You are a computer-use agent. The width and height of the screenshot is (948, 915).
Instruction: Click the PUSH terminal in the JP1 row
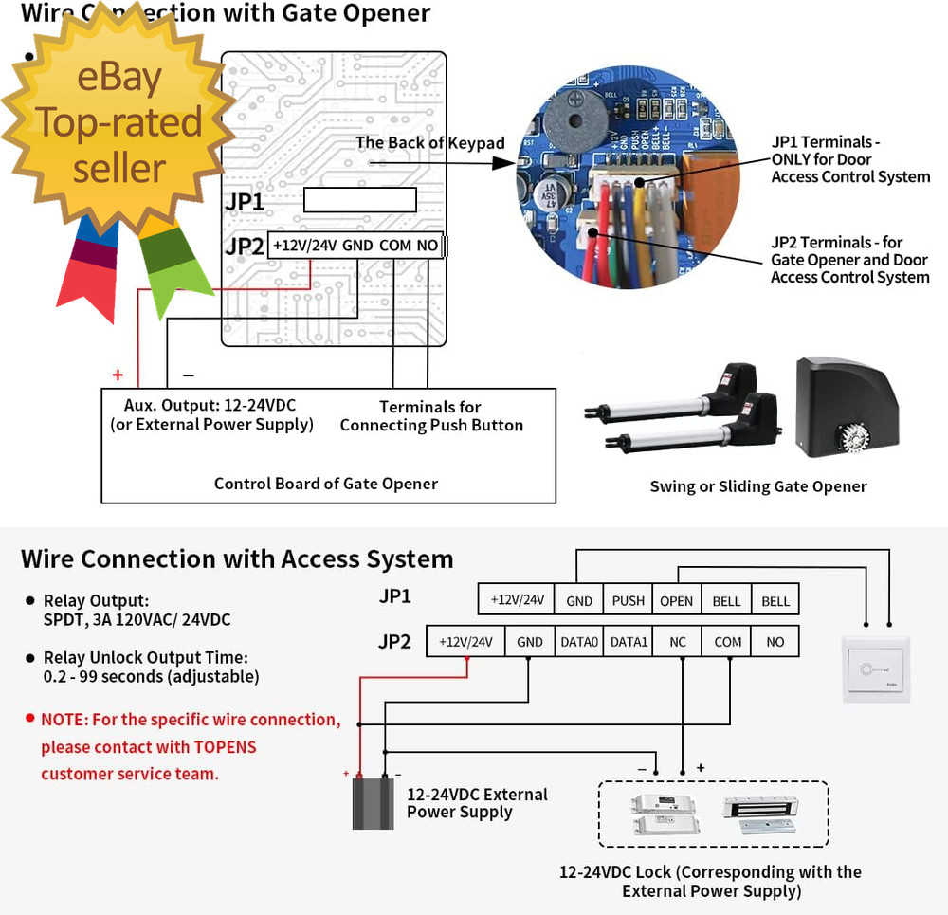pos(629,600)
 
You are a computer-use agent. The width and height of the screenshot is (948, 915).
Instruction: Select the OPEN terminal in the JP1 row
pos(677,600)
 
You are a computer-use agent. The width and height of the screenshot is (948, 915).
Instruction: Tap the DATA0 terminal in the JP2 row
pos(579,642)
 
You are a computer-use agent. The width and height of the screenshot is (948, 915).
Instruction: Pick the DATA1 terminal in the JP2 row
pos(629,642)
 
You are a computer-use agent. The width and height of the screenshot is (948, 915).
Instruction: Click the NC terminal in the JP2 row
pos(678,642)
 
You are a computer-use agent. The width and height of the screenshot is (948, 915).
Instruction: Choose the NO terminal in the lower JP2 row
pos(775,642)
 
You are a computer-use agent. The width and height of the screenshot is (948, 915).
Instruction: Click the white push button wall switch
pos(877,669)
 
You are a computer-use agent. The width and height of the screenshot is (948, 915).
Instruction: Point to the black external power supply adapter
pos(373,802)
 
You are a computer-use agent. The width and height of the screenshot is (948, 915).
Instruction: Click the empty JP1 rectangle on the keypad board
pos(360,199)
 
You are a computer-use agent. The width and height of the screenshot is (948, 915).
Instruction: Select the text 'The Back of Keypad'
pos(430,143)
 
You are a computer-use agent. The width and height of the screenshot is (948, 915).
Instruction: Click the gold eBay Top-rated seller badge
pos(119,123)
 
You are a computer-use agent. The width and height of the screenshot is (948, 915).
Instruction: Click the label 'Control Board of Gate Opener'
pos(325,484)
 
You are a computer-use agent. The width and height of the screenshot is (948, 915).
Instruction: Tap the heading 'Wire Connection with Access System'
pos(237,558)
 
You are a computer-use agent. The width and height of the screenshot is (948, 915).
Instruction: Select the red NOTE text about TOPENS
pos(190,746)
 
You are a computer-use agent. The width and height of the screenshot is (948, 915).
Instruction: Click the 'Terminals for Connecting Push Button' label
pos(431,416)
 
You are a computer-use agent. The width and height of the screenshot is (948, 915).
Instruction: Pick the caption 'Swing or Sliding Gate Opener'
pos(758,486)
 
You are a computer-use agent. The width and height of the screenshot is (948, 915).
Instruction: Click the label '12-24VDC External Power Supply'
pos(477,803)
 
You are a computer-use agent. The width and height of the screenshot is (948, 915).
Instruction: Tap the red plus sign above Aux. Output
pos(118,375)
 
